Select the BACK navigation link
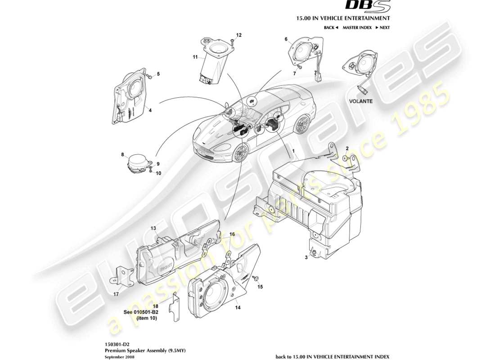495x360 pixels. click(x=331, y=27)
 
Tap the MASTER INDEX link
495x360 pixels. click(x=357, y=27)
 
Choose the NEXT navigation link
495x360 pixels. click(x=382, y=27)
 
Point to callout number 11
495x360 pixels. click(x=195, y=57)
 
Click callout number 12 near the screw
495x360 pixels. click(x=238, y=35)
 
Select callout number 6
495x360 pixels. click(x=285, y=39)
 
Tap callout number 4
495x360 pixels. click(x=150, y=109)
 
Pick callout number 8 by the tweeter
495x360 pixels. click(x=122, y=155)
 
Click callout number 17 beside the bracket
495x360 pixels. click(x=116, y=295)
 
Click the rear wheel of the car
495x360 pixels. click(x=302, y=124)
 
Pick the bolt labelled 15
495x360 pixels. click(x=255, y=279)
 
